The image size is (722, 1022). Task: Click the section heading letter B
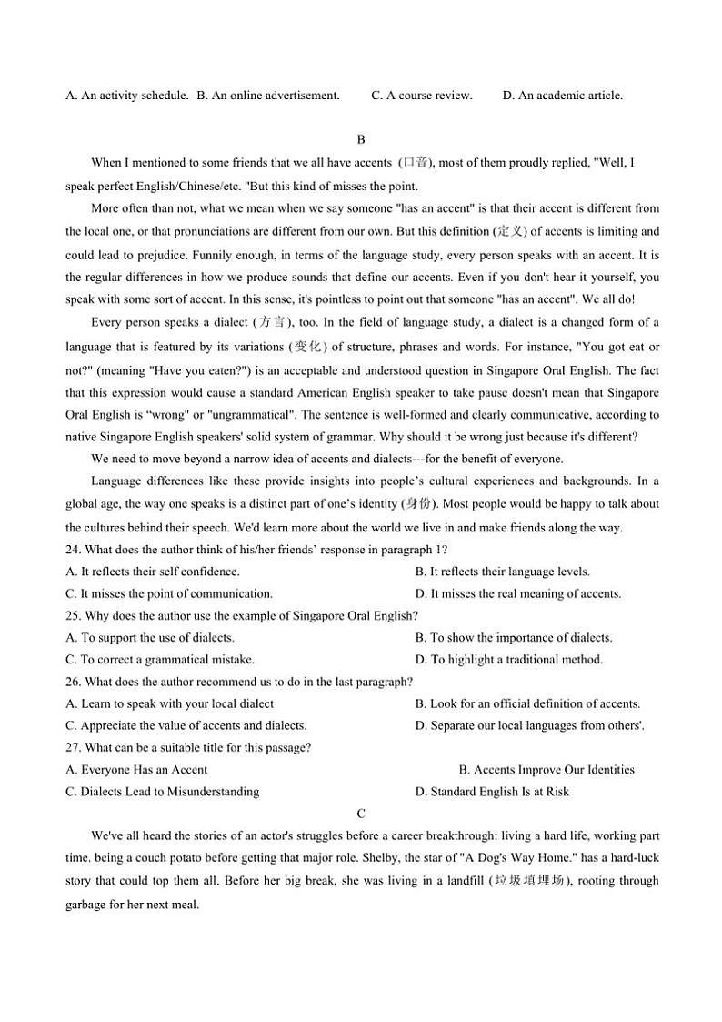(361, 139)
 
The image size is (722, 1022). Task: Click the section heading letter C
(361, 814)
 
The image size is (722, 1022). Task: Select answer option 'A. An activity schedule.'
(127, 95)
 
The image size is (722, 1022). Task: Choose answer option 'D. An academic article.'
(562, 95)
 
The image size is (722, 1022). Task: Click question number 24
(74, 550)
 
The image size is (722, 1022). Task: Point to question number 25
(74, 616)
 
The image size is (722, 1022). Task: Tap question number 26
(74, 682)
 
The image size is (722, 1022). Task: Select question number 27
(74, 748)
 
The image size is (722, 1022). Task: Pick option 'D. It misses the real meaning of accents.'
(517, 593)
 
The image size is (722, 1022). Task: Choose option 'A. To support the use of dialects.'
(150, 638)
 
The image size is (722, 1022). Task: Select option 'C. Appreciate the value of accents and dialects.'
(186, 725)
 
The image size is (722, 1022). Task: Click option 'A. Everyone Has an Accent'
(136, 770)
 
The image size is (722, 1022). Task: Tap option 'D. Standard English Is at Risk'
(492, 792)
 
